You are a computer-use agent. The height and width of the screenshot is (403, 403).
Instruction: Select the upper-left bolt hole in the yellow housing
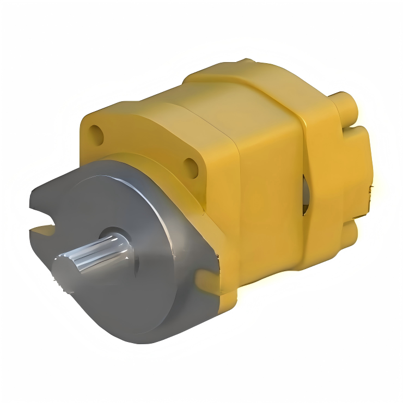96,133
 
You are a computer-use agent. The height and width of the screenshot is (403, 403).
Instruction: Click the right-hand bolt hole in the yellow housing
191,166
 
